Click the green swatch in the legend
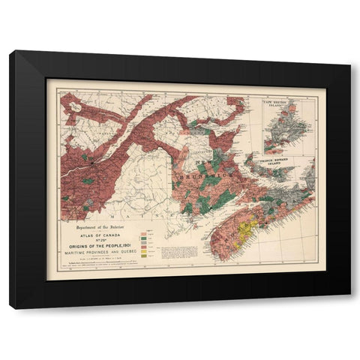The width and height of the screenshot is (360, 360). (x=142, y=238)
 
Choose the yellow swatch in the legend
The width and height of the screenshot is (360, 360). (x=142, y=251)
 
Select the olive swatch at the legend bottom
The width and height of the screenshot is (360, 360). (x=142, y=257)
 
